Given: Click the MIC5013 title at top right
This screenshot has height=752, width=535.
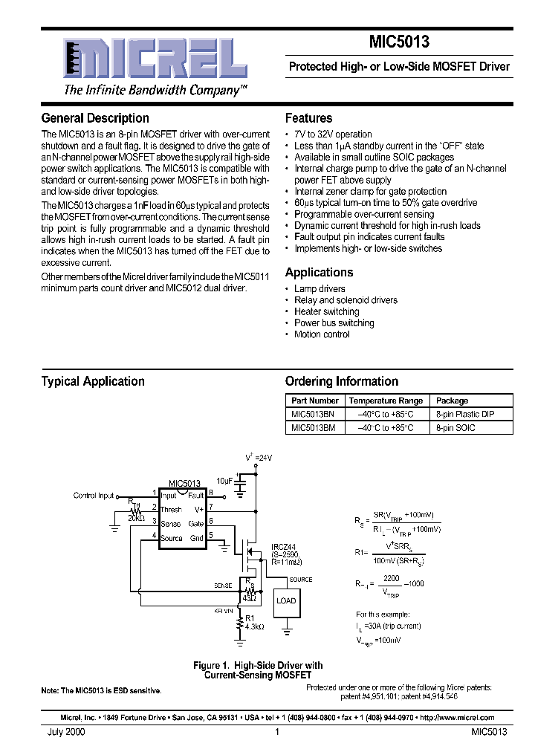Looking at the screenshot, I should click(399, 43).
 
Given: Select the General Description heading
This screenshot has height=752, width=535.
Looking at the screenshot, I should click(95, 118).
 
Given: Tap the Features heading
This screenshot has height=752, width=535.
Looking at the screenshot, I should click(308, 118).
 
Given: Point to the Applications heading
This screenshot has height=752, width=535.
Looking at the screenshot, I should click(319, 273).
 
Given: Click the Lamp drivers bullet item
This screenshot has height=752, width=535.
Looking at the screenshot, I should click(320, 289).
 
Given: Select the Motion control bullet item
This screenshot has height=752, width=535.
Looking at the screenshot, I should click(322, 334).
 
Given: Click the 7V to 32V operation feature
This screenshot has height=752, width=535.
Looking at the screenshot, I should click(333, 134).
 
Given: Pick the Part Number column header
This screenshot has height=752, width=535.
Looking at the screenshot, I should click(315, 401).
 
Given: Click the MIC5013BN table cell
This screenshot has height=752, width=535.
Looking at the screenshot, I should click(313, 414).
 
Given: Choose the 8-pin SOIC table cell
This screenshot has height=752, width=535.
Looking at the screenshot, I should click(455, 427).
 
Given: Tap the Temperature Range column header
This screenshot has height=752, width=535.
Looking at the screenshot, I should click(386, 401).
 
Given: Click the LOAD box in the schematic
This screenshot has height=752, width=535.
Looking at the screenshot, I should click(286, 600).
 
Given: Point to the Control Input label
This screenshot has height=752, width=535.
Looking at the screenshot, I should click(94, 496).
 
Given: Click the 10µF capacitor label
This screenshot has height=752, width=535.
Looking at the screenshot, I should click(225, 481).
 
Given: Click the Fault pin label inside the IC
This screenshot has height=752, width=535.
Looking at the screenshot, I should click(196, 496).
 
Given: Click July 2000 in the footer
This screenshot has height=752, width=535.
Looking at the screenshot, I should click(66, 732).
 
